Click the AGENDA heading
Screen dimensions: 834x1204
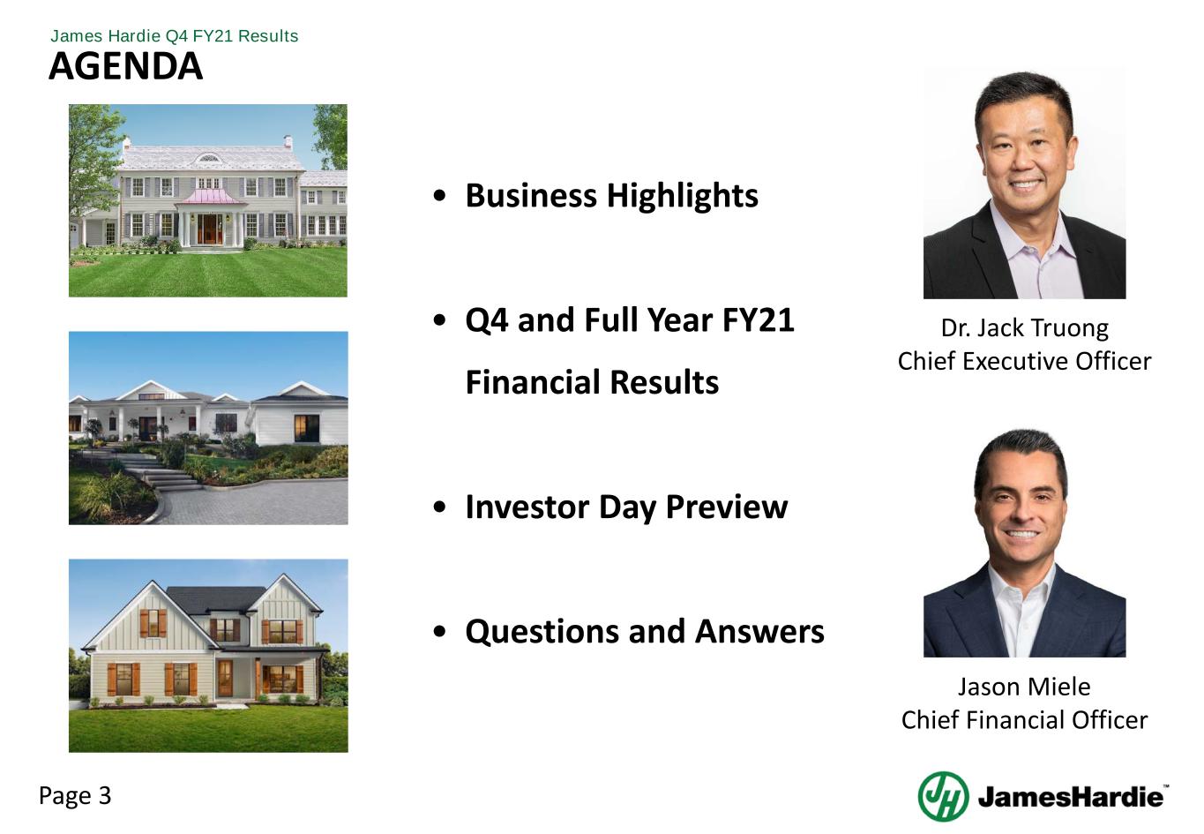[125, 66]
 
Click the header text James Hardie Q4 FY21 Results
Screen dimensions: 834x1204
[174, 36]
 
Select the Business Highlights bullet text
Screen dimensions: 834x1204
[611, 195]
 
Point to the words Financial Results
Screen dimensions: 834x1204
[592, 382]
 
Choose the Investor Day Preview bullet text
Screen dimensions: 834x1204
[625, 507]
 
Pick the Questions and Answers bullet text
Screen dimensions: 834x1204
[644, 631]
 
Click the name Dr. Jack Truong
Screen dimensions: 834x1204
[1024, 328]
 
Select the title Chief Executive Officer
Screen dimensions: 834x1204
[1024, 361]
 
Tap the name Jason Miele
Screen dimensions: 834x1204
[1024, 687]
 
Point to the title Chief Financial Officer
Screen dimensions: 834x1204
[1024, 720]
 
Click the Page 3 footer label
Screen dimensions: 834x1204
[75, 796]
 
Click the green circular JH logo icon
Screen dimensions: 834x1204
[943, 796]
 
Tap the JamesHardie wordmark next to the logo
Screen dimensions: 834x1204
[1070, 798]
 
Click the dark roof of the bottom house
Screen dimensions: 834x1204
[216, 599]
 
